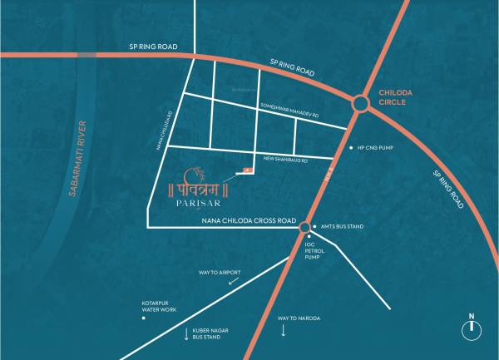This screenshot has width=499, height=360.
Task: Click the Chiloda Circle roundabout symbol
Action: pyautogui.click(x=361, y=104)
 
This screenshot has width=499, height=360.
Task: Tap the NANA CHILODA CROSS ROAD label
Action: pyautogui.click(x=249, y=221)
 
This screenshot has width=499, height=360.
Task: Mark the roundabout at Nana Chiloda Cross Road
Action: pyautogui.click(x=305, y=226)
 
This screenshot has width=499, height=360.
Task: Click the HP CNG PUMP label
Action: pyautogui.click(x=374, y=146)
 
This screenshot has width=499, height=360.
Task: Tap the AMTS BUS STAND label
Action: pyautogui.click(x=342, y=226)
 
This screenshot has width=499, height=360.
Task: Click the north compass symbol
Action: pyautogui.click(x=471, y=329)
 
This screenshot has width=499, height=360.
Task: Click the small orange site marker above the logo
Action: pyautogui.click(x=246, y=171)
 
